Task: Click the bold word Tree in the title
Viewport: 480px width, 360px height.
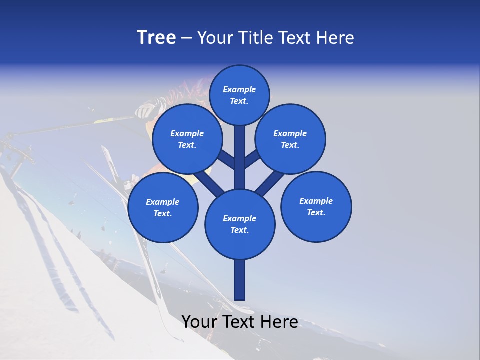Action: pos(156,37)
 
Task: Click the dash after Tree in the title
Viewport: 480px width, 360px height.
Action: pos(186,38)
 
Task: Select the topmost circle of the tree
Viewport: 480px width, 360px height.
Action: pos(239,95)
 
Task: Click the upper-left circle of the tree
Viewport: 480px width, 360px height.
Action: pos(187,139)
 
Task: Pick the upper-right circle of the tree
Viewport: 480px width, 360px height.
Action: pos(290,139)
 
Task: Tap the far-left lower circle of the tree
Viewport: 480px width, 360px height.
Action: pos(162,207)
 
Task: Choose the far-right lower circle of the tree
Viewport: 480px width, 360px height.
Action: pos(316,206)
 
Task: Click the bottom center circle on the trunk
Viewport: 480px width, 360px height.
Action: pos(240,224)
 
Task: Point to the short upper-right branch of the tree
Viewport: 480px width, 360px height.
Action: pos(252,159)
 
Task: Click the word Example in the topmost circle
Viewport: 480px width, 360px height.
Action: pos(239,89)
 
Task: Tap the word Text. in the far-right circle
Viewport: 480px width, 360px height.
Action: pos(316,212)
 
